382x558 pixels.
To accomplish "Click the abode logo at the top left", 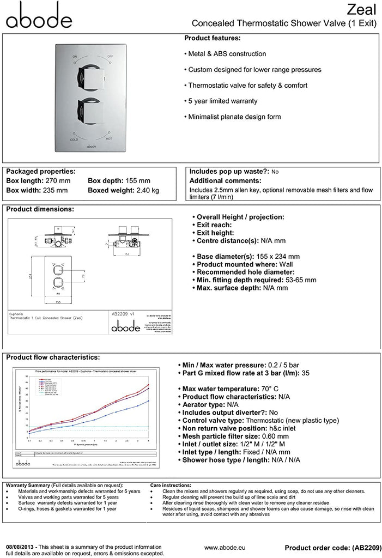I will (39, 16).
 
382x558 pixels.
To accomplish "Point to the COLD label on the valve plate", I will (75, 140).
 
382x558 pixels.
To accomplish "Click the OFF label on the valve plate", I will (110, 57).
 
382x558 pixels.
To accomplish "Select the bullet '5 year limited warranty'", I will (222, 101).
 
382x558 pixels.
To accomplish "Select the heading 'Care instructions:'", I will (170, 485).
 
